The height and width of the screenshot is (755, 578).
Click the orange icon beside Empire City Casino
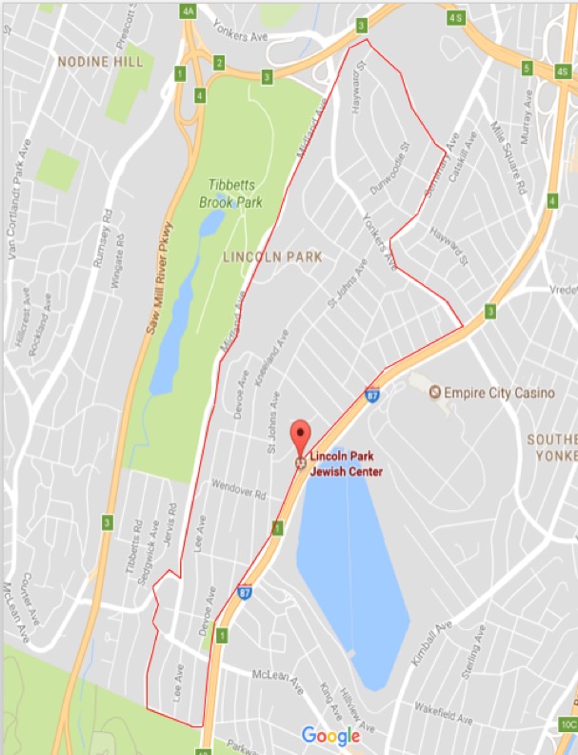coord(435,392)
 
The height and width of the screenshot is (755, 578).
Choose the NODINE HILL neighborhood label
coord(100,62)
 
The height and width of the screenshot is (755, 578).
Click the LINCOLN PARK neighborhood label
coord(272,256)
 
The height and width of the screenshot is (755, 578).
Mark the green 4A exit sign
coord(188,11)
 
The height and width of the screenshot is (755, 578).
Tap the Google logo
coord(330,735)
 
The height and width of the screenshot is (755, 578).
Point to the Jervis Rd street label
coord(171,527)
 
